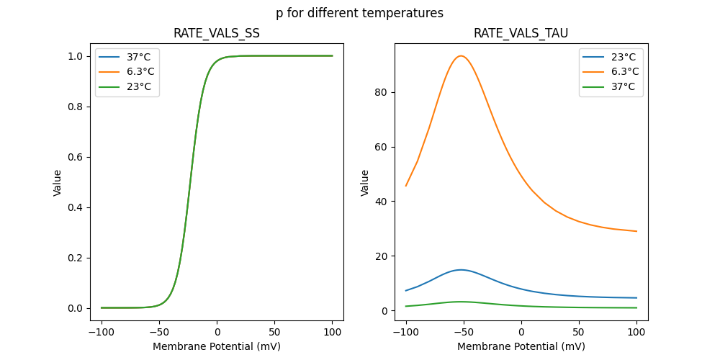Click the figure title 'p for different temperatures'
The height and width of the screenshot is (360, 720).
point(359,13)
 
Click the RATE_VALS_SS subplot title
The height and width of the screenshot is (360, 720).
point(216,34)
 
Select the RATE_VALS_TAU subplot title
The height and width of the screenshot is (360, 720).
point(521,34)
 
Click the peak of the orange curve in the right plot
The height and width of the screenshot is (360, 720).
point(461,56)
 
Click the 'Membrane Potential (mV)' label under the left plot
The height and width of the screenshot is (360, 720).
point(216,346)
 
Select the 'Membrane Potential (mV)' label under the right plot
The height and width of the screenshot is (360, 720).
point(521,346)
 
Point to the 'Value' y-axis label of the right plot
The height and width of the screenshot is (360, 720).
point(365,182)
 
